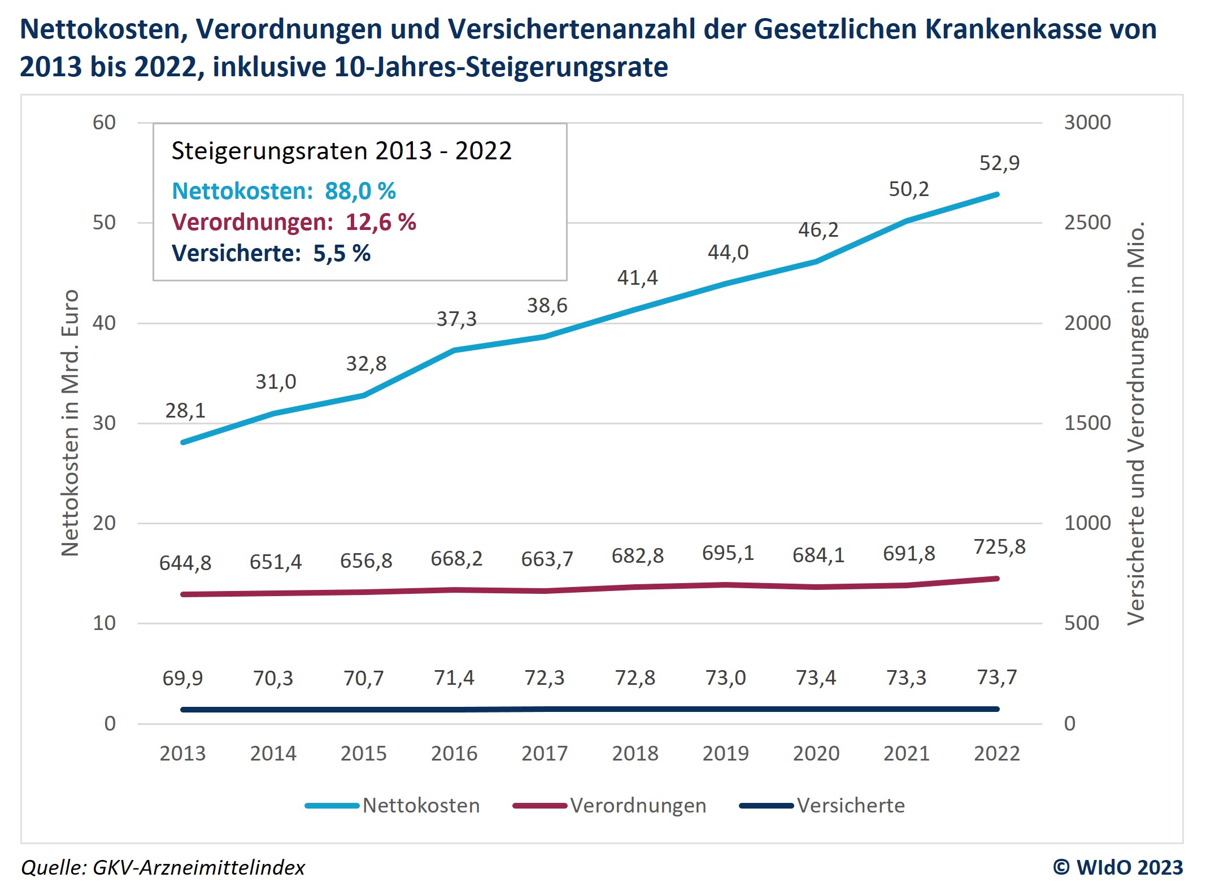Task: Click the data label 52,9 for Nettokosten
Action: [x=999, y=163]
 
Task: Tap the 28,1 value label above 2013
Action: [x=185, y=411]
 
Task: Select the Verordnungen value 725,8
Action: [x=999, y=547]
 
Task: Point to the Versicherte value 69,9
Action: [x=182, y=678]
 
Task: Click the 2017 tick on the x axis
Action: [x=545, y=754]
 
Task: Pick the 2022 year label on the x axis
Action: [x=997, y=754]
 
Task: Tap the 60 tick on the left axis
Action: [x=104, y=123]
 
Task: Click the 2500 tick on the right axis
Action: [x=1087, y=223]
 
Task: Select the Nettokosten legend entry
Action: [x=421, y=806]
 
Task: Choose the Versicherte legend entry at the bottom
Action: [x=851, y=806]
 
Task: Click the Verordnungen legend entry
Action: [x=638, y=806]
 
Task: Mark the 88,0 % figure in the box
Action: [x=360, y=192]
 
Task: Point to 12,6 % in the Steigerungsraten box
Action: [x=381, y=223]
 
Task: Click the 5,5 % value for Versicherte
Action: [x=342, y=254]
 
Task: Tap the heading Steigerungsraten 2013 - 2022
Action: [x=341, y=151]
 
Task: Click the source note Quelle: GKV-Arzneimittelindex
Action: [x=163, y=867]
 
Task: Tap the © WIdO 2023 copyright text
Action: [x=1118, y=867]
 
